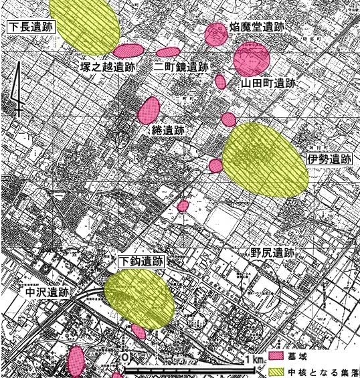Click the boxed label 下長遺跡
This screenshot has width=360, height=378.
click(x=29, y=27)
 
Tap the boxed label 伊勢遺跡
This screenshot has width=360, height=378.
click(x=329, y=159)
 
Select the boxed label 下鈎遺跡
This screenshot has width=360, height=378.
click(x=141, y=261)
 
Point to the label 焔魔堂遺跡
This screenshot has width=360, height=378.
click(x=256, y=27)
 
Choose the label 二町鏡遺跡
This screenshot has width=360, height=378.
click(x=181, y=67)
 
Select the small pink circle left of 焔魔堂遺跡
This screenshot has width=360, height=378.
click(x=216, y=34)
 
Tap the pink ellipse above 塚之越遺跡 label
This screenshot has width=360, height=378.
click(x=128, y=50)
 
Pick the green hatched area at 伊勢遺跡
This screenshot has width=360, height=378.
click(x=264, y=159)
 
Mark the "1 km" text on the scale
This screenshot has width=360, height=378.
click(x=254, y=360)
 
